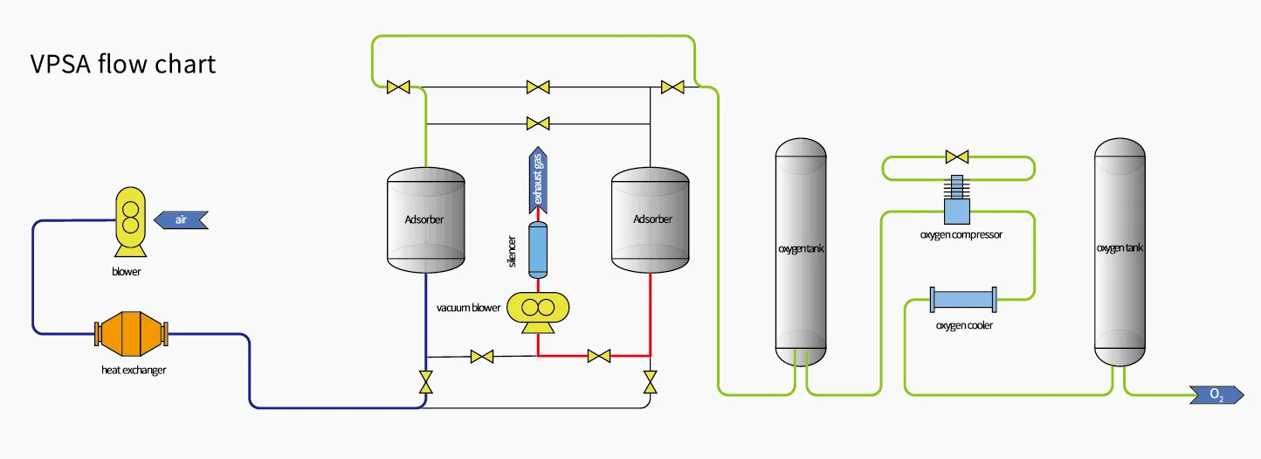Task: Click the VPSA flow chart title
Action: (122, 65)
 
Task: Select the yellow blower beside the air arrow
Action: (130, 222)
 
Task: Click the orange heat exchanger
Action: (130, 333)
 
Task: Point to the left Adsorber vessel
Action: (425, 219)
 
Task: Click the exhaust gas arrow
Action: (539, 180)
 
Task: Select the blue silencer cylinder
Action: (538, 250)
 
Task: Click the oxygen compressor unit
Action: (957, 204)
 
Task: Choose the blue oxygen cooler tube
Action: (964, 300)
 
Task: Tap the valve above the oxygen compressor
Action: (957, 157)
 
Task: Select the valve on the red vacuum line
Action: (599, 356)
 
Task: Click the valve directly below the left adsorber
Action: (425, 382)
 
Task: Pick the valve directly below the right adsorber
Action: (651, 382)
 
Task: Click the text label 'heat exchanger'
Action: (134, 370)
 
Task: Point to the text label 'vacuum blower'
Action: (469, 308)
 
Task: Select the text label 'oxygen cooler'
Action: (964, 325)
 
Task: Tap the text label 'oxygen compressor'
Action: (961, 234)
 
